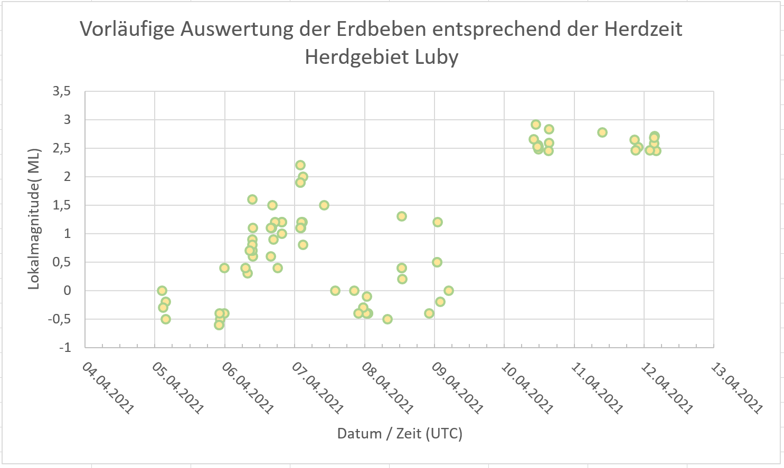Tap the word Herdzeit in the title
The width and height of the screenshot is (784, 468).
[x=643, y=29]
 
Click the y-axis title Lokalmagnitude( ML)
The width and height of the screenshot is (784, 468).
[x=34, y=218]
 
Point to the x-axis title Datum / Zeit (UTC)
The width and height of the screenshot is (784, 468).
[x=400, y=434]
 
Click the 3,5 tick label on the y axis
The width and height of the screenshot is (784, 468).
[x=61, y=91]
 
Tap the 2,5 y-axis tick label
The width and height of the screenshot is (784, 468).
[x=61, y=148]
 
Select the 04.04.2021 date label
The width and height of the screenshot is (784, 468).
[x=108, y=388]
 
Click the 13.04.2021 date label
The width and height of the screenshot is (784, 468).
[x=736, y=388]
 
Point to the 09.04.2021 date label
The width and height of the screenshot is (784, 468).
[x=457, y=388]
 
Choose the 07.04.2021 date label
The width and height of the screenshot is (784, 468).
[x=317, y=388]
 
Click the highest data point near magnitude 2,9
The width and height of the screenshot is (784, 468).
[x=536, y=125]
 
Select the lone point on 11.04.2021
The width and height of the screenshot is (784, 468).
[x=602, y=132]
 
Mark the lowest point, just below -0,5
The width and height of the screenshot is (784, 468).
[x=219, y=325]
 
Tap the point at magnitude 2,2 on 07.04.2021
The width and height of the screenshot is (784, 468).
[x=300, y=165]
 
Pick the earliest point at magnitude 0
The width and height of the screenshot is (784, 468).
[x=162, y=291]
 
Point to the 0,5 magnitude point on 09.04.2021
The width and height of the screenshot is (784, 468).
[x=437, y=262]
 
